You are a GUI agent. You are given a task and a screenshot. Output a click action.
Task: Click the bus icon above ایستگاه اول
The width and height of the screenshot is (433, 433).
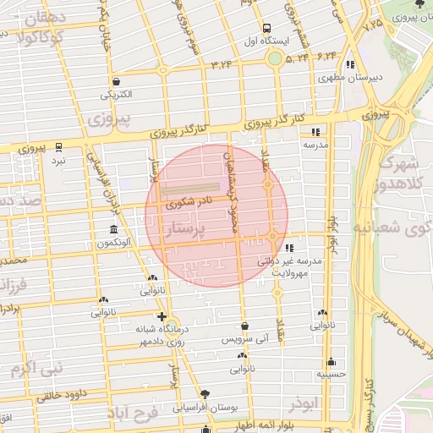click(x=267, y=28)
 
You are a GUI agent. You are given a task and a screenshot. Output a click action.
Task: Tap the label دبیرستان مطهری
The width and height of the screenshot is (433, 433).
click(x=351, y=77)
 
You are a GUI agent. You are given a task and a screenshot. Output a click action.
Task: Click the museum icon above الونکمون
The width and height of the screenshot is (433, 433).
click(x=113, y=231)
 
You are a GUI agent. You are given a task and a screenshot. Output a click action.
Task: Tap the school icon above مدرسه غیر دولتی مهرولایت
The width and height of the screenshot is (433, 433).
click(x=290, y=249)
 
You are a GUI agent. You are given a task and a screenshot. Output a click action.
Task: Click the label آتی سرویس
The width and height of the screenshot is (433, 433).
click(x=244, y=338)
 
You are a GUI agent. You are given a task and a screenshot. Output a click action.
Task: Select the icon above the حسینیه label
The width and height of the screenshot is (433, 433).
click(x=331, y=361)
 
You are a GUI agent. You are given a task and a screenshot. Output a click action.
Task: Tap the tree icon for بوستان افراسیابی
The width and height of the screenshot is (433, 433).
click(x=205, y=393)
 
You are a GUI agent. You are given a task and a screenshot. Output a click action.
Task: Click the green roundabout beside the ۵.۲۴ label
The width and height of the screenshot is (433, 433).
click(x=274, y=58)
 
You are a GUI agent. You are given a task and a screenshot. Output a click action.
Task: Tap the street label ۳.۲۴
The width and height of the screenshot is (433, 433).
click(x=222, y=64)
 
